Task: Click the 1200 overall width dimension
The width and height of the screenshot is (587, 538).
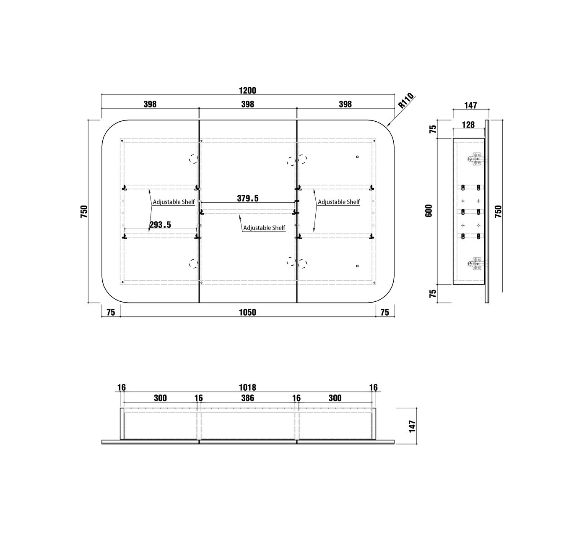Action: pos(247,91)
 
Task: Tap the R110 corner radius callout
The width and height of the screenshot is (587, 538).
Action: pos(406,100)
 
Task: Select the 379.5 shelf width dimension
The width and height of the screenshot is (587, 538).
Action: pos(247,198)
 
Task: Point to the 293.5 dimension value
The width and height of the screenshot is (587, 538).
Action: pos(160,225)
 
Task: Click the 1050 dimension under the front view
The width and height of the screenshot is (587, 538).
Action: pos(247,313)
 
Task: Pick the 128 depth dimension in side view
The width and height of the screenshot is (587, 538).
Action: pos(468,125)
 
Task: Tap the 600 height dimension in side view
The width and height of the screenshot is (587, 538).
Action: pos(429,211)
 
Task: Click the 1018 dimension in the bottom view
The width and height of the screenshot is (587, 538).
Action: pos(247,387)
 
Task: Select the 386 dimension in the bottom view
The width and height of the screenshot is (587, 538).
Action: pos(247,398)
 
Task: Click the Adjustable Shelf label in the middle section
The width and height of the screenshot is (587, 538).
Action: pos(264,227)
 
